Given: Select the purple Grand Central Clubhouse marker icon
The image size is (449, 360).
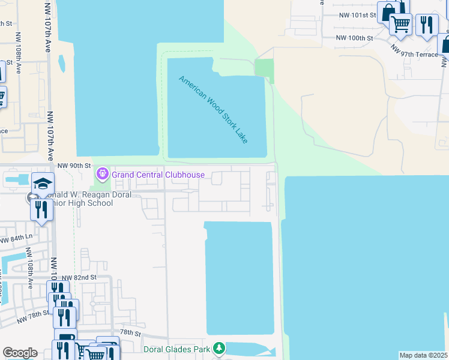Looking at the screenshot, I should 102,175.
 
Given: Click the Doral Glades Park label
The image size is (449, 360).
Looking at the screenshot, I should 178,349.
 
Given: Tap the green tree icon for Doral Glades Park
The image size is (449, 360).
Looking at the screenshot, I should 220,348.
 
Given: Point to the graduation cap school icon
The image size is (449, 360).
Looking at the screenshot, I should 43,183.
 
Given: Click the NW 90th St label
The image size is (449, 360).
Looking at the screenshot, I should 74,165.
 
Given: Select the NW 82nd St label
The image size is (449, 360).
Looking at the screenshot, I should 79,277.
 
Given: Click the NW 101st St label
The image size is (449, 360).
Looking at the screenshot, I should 357,14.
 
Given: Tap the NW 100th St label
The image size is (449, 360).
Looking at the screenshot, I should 354,38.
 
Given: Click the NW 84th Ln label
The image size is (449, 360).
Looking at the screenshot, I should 15,238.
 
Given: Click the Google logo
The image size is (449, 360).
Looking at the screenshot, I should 20,353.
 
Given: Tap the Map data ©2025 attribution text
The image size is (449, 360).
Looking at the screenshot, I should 423,355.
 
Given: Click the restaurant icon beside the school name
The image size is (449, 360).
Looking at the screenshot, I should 41,209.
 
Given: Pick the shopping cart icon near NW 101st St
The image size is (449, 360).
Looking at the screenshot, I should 400,24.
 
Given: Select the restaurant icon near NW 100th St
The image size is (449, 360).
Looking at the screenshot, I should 426,24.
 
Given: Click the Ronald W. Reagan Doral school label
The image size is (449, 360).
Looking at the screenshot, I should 72,199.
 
